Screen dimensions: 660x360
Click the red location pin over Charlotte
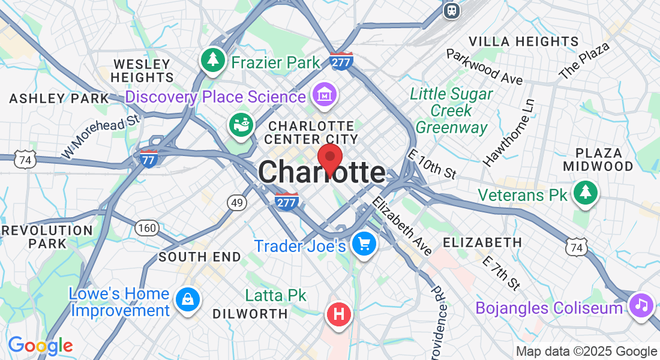pos(330,159)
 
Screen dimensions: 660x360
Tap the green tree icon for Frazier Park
pos(212,59)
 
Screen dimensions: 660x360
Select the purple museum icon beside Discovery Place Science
pos(325,95)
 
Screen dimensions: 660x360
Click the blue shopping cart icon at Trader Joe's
pos(364,244)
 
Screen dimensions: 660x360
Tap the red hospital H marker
pos(339,313)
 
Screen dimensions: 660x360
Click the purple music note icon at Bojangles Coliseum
pos(641,305)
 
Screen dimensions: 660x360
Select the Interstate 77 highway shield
pos(148,159)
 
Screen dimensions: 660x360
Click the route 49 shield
pos(237,203)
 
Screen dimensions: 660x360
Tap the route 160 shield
pos(146,227)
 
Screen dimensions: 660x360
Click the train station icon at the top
pos(451,10)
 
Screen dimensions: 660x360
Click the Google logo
pos(40,345)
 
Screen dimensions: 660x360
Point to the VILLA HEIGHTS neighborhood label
pos(524,41)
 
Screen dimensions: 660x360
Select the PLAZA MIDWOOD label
pos(604,159)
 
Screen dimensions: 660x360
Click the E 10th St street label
pos(431,164)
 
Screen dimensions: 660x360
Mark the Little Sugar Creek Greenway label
pos(452,111)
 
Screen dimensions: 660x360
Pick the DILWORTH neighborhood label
pos(250,314)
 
